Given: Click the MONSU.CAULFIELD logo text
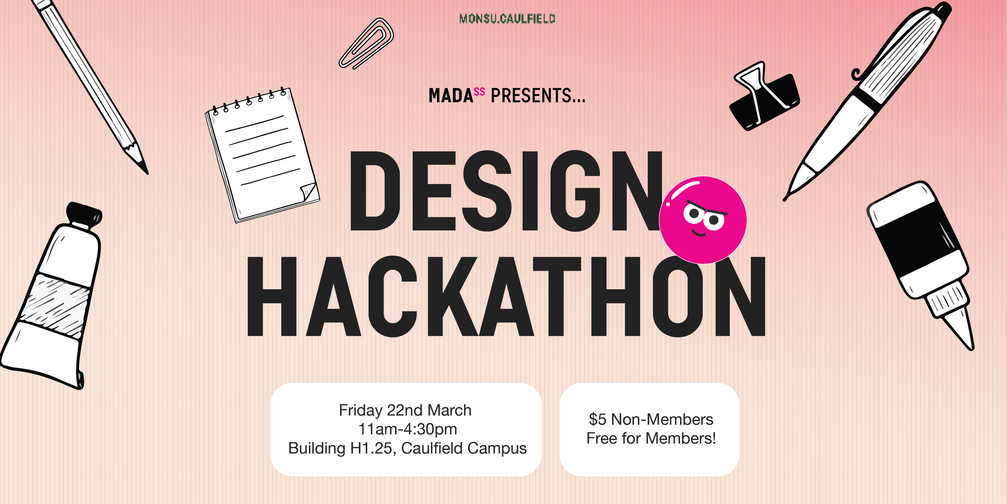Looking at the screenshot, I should click(507, 19).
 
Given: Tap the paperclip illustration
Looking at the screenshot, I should click(366, 44).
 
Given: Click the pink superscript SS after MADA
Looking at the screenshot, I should click(479, 92).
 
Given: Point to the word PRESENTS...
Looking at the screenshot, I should click(537, 96).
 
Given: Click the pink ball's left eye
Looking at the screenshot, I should click(694, 213).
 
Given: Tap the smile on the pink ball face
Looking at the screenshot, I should click(698, 233).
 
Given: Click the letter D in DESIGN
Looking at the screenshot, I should click(375, 191).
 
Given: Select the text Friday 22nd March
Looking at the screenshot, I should click(405, 410).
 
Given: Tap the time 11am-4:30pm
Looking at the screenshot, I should click(407, 429).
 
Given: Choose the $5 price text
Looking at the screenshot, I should click(597, 420).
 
